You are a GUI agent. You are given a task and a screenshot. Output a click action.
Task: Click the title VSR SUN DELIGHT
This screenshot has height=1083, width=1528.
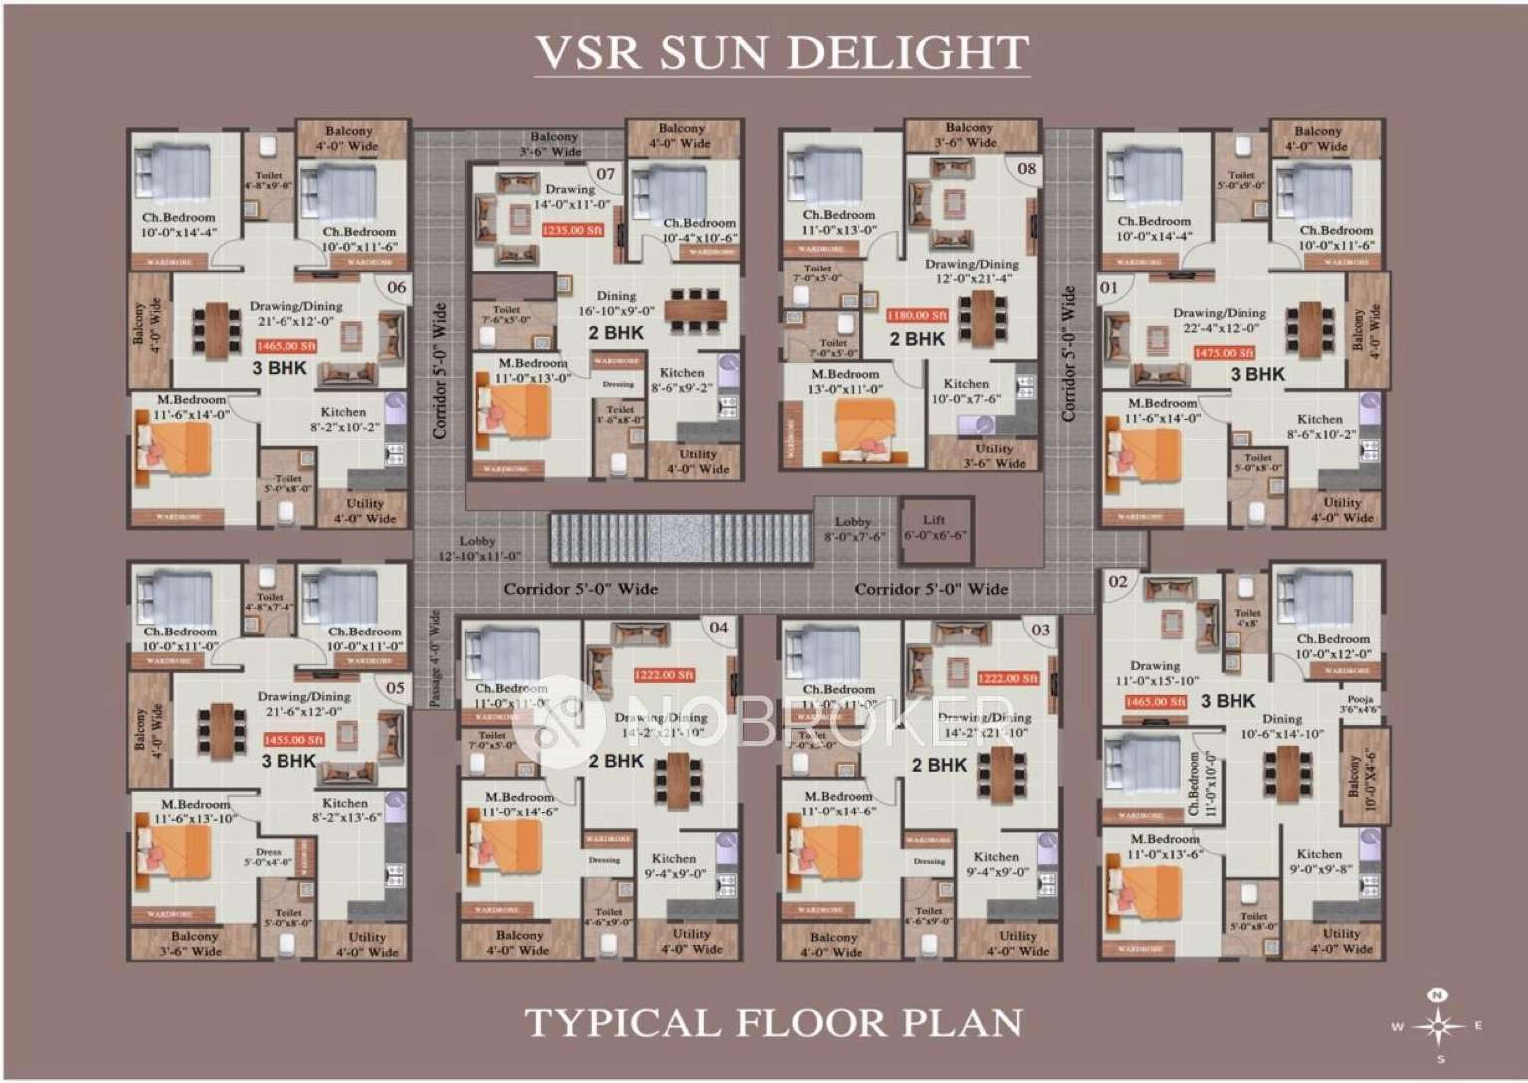[781, 52]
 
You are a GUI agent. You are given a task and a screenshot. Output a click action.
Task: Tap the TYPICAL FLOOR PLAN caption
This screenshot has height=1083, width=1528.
[774, 1022]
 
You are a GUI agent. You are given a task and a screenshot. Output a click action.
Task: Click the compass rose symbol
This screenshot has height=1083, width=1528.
[1437, 1025]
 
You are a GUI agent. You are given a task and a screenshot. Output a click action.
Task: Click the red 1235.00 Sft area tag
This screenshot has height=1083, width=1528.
[572, 230]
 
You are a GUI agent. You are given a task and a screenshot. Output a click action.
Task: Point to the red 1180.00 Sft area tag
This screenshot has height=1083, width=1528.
[917, 315]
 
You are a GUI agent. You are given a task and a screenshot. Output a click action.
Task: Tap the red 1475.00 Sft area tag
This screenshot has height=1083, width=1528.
[1224, 353]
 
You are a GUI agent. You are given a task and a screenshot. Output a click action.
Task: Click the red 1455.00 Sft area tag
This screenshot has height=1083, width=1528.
[293, 740]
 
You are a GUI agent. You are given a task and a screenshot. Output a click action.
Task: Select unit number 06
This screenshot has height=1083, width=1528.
[397, 287]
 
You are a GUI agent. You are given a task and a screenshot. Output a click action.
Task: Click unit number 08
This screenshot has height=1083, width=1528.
[1026, 168]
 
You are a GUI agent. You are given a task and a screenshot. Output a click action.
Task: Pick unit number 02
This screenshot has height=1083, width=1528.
[1118, 581]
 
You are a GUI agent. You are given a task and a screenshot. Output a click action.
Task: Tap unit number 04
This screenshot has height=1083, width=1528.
[718, 627]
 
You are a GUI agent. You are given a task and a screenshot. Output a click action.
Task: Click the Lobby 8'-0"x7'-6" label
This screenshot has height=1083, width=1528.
[853, 529]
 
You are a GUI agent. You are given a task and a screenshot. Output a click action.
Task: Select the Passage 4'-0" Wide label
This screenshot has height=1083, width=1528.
[435, 658]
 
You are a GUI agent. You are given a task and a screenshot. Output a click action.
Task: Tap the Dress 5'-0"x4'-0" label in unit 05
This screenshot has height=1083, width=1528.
[269, 857]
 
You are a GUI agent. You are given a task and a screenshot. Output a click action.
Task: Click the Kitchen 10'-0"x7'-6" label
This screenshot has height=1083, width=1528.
[966, 391]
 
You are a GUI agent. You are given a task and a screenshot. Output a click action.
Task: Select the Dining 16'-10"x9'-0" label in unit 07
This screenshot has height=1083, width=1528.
[616, 303]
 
